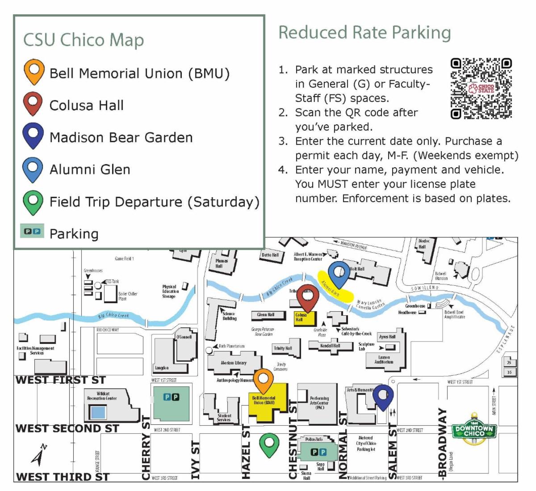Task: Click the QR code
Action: pos(481,89)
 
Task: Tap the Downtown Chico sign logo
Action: pos(474,431)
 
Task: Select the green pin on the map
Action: pos(269,444)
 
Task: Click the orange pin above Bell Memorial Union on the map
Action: pos(263,381)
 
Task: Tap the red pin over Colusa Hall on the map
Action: pos(307,297)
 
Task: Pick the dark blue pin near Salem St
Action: pos(383,396)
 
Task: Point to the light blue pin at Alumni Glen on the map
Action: pos(339,274)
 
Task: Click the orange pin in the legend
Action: pos(34,71)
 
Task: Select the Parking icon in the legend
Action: pos(32,231)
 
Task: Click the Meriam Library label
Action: pos(234,363)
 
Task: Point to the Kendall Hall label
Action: pos(330,346)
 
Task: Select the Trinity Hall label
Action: pos(283,348)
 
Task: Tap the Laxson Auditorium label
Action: pos(384,360)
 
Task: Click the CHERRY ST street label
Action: pos(146,447)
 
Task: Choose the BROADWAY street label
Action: pos(442,443)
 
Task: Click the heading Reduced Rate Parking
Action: pos(364,33)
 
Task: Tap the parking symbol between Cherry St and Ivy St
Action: pos(171,397)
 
